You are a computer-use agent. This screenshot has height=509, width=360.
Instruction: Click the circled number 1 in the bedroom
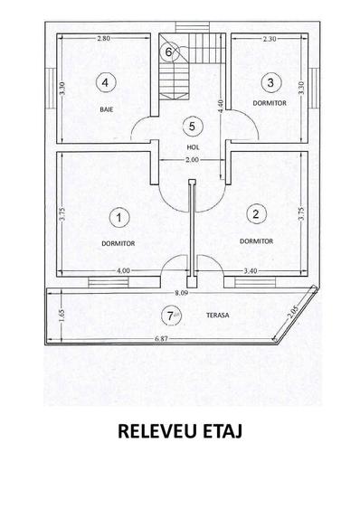tap(118, 217)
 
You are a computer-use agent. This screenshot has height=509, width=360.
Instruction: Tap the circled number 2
tap(257, 214)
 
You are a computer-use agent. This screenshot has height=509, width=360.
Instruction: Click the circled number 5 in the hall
tap(191, 126)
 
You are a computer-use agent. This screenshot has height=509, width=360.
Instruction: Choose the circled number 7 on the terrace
tap(167, 316)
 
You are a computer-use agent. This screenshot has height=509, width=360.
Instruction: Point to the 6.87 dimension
tap(163, 339)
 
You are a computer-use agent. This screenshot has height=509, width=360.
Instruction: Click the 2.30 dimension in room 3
tap(269, 39)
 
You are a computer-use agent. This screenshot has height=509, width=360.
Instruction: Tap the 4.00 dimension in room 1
tap(123, 270)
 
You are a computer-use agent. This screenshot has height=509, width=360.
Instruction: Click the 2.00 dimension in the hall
tap(192, 160)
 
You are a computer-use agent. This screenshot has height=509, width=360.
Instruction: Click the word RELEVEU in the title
tap(156, 431)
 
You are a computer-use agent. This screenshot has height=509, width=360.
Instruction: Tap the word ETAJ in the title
tap(223, 431)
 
